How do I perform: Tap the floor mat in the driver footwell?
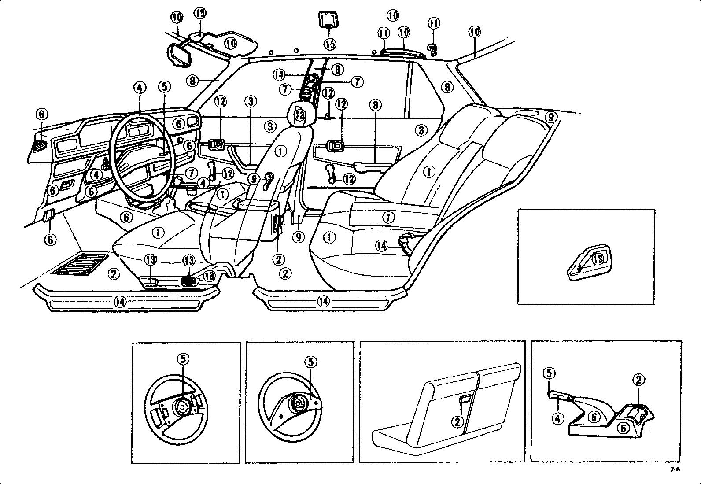point(80,264)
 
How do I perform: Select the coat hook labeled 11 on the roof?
point(433,50)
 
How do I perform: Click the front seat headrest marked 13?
point(300,114)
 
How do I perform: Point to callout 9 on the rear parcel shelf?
point(550,117)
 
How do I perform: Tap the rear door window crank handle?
point(332,173)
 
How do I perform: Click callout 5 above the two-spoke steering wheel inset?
point(311,362)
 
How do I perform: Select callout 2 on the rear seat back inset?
point(457,421)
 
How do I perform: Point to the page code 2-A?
point(675,469)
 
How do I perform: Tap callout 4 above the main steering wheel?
point(139,88)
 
